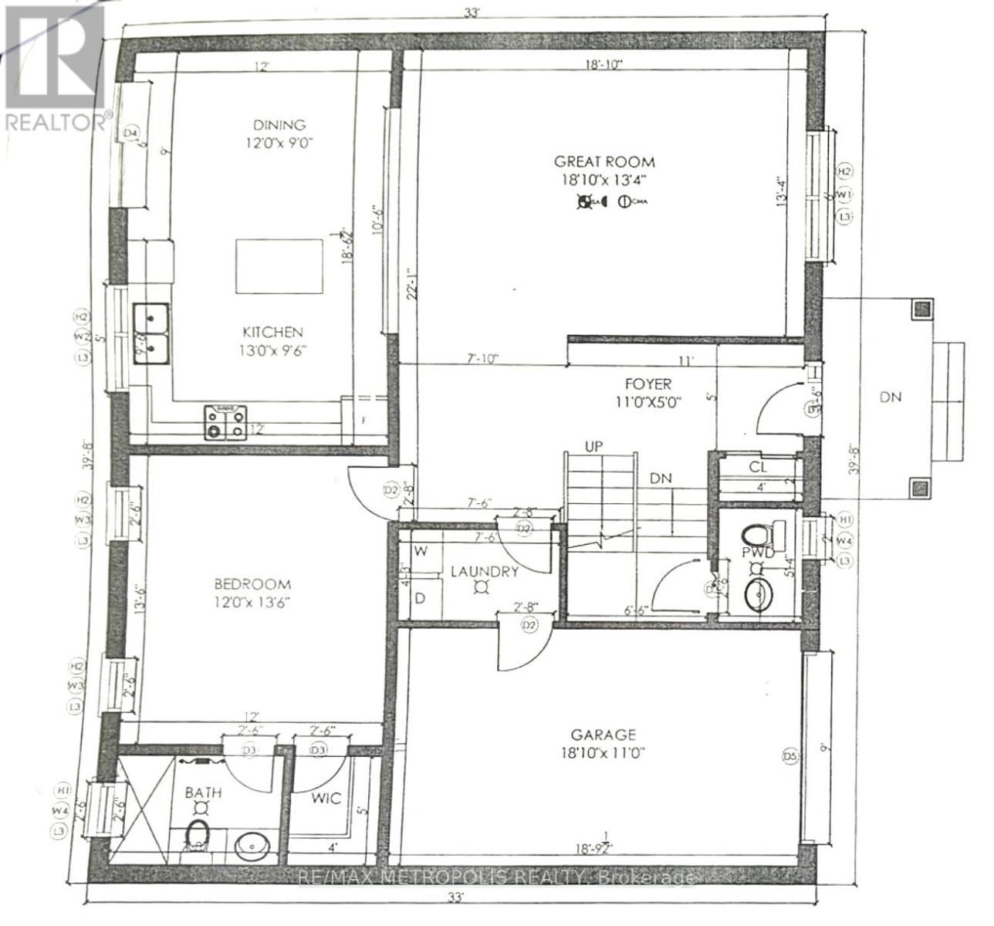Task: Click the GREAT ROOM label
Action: click(604, 162)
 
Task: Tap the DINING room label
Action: click(279, 125)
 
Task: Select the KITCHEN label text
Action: click(273, 333)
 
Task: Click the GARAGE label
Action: click(603, 735)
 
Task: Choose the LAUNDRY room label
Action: click(484, 572)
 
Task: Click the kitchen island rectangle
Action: click(279, 265)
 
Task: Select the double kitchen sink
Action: click(152, 331)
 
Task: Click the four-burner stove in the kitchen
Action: click(225, 422)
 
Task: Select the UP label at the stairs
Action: click(593, 447)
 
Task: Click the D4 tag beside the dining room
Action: click(132, 133)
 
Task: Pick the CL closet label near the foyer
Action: click(757, 467)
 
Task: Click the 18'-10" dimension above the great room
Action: click(604, 66)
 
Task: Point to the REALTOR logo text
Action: click(56, 122)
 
